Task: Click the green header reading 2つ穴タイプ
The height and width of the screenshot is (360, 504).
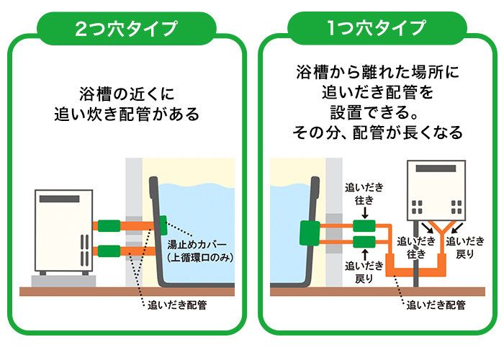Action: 126,29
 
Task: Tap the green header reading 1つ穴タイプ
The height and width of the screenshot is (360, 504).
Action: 377,29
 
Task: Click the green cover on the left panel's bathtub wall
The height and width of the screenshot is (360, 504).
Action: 163,222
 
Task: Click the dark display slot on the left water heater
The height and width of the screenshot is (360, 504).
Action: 59,198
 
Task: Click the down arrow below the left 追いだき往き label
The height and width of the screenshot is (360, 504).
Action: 364,213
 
